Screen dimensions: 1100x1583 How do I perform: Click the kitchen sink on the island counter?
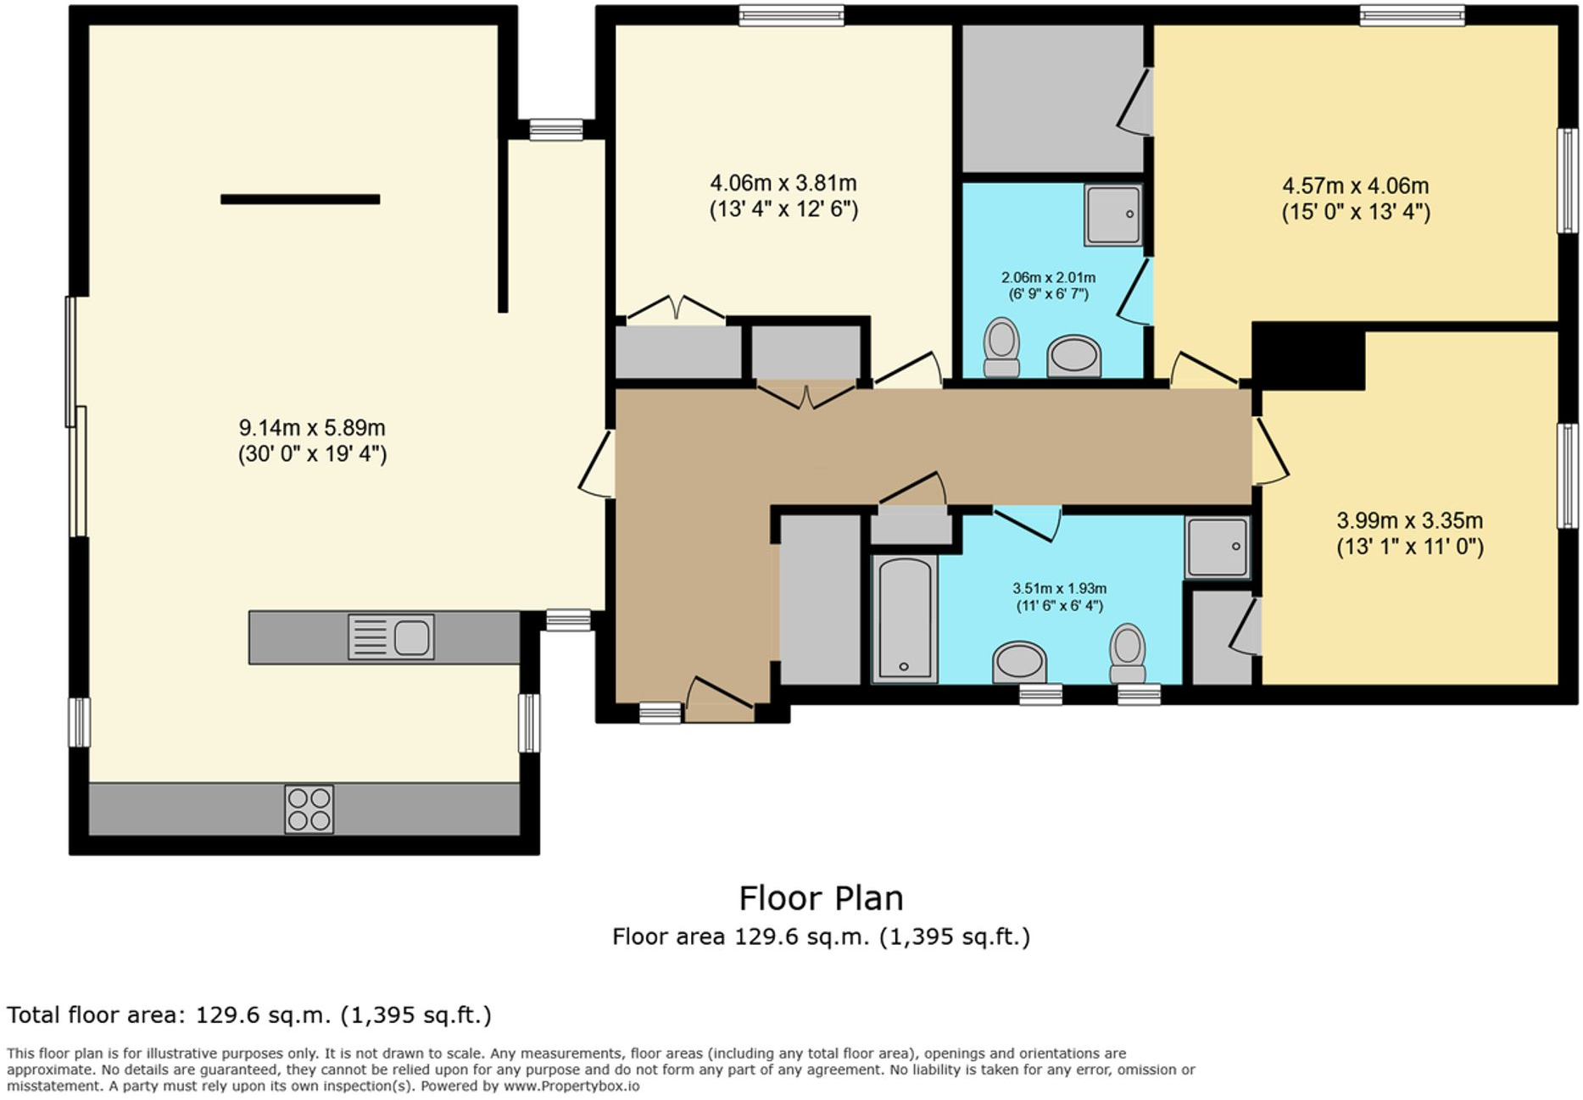392,637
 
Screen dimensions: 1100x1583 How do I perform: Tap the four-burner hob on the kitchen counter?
309,809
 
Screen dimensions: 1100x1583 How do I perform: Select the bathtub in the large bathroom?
905,619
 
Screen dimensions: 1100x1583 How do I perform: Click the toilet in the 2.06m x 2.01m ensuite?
1001,347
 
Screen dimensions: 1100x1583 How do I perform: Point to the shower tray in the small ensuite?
1112,215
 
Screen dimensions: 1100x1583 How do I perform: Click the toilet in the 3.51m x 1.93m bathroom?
1127,653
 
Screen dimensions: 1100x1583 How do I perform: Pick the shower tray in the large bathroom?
1217,547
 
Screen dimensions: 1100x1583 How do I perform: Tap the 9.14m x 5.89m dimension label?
312,441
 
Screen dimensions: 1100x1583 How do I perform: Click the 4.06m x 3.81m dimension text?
783,196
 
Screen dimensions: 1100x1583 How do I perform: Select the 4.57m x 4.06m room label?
1355,198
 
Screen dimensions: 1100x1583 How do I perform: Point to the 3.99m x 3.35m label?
1409,533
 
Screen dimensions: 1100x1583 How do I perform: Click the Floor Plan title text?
820,898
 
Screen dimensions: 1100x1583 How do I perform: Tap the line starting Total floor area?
249,1014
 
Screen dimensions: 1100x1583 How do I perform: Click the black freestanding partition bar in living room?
300,199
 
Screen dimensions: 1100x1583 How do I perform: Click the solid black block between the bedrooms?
1307,357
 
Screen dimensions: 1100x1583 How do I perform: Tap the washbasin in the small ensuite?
1073,355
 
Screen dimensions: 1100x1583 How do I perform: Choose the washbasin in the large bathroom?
1019,661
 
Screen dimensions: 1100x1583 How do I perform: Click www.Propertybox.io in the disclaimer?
571,1086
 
